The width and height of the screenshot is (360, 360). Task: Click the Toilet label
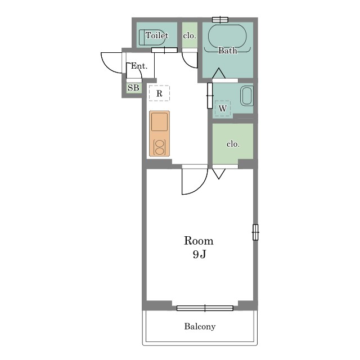click(157, 35)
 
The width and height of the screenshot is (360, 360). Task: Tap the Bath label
click(227, 50)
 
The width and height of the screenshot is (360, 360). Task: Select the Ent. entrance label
click(139, 66)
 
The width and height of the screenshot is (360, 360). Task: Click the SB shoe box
click(133, 88)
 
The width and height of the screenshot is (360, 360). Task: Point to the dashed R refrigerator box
click(159, 93)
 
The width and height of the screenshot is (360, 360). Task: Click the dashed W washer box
click(223, 109)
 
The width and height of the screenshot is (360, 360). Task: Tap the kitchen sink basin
click(159, 122)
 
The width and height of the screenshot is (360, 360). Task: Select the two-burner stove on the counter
click(160, 147)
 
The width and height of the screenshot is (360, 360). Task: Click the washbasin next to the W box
click(247, 96)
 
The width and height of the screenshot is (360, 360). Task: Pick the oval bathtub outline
click(227, 36)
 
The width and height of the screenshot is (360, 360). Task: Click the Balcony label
click(200, 326)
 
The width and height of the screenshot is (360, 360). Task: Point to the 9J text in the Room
click(199, 254)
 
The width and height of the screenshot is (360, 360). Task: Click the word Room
click(199, 241)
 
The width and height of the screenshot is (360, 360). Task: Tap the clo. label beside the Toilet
click(190, 36)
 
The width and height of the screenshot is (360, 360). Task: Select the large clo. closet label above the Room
click(233, 144)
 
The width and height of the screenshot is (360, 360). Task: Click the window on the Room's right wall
click(255, 232)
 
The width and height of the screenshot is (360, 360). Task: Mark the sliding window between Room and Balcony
click(205, 308)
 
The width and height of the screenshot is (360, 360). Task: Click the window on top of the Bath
click(220, 20)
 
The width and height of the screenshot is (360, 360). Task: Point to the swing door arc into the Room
click(200, 188)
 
